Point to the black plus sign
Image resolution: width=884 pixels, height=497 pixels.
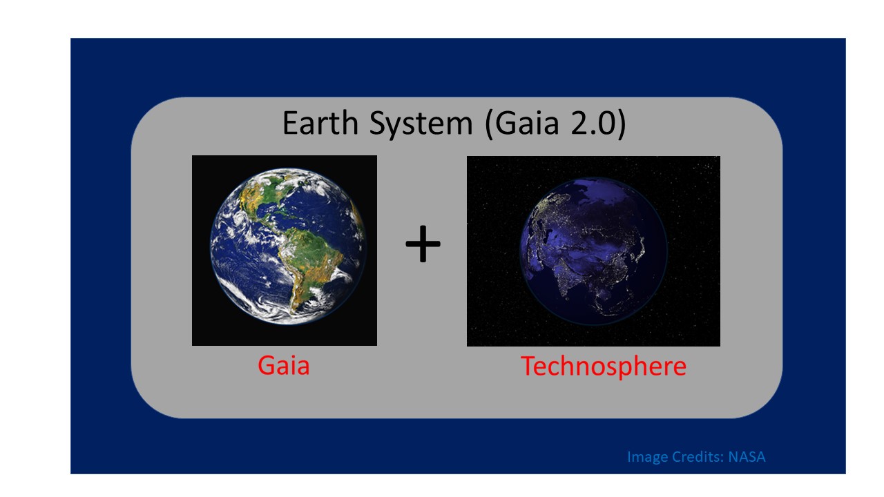423,246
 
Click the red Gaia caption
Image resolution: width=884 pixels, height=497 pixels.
284,364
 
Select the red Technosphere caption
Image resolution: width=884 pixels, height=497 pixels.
603,366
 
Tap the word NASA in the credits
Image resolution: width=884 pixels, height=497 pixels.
747,457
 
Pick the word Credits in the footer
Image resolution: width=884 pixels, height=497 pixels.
696,457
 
